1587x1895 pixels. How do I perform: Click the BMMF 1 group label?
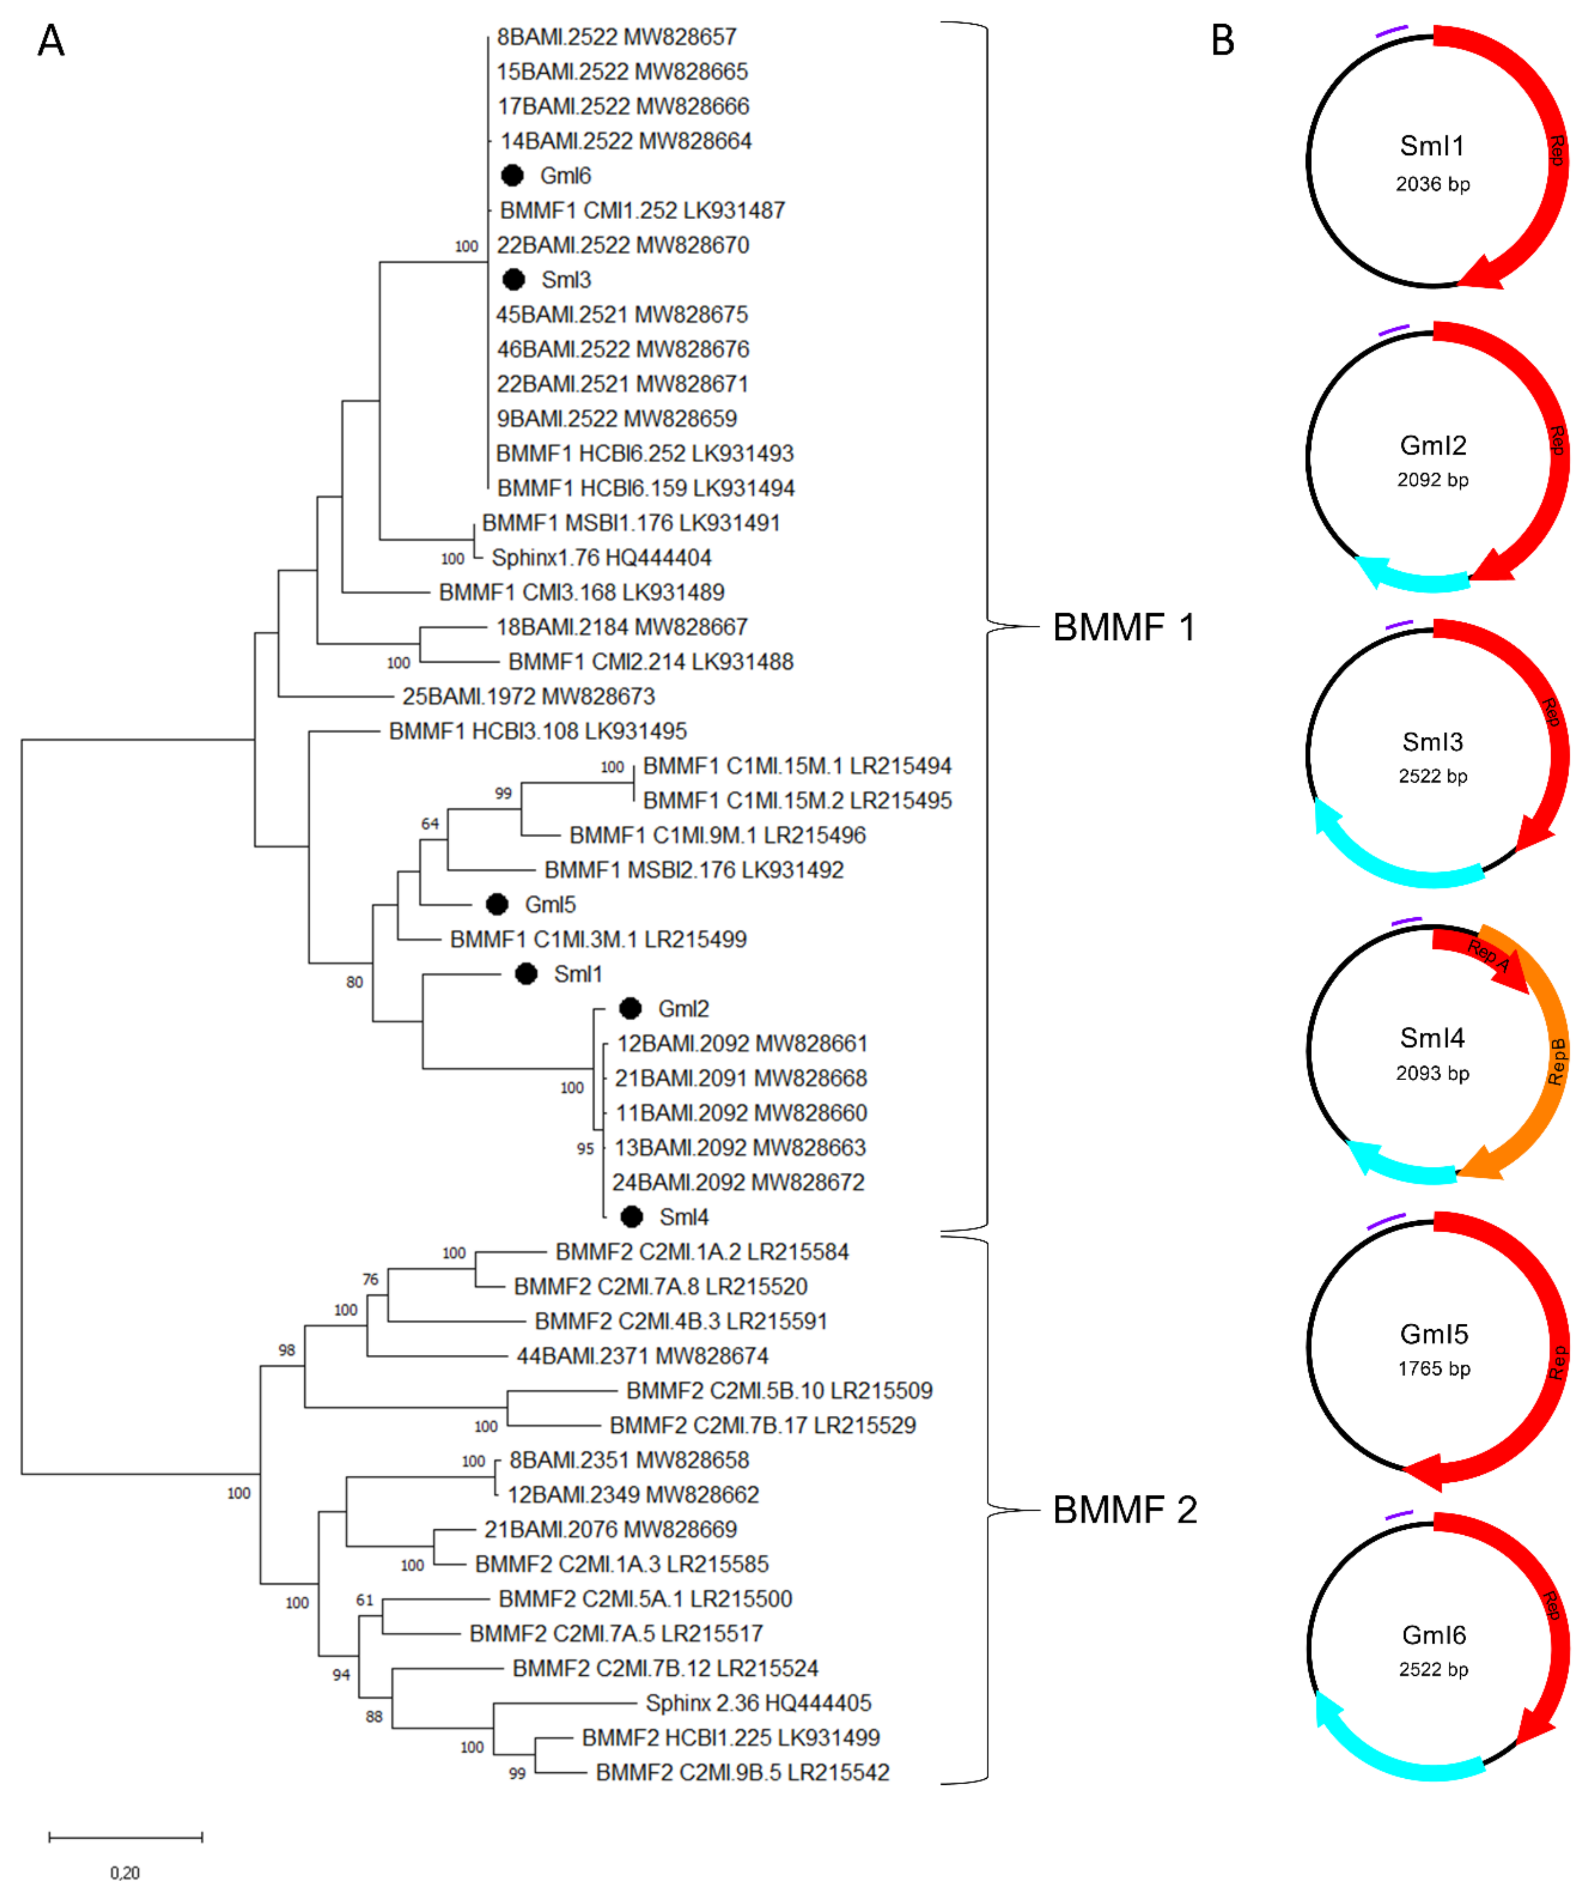click(1123, 627)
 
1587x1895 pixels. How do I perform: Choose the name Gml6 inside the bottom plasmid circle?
click(1434, 1635)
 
